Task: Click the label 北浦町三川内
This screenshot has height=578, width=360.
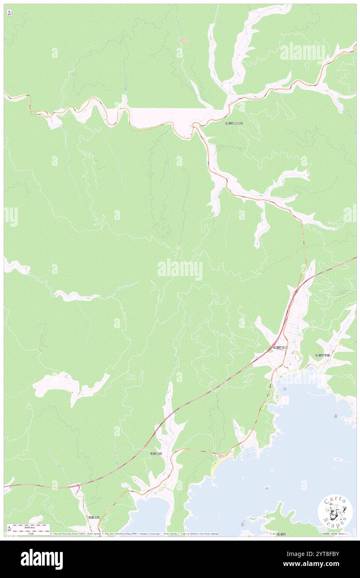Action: point(233,124)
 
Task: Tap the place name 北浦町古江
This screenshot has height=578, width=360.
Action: point(280,347)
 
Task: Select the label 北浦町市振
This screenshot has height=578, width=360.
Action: point(322,355)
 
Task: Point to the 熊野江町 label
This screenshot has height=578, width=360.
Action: point(156,454)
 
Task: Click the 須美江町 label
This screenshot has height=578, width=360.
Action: point(94,518)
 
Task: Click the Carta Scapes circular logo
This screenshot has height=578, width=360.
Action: point(335,512)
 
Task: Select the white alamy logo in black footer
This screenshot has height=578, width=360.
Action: point(42,559)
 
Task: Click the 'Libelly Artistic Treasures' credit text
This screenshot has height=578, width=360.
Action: point(335,534)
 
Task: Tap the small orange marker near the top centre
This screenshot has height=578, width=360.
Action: point(183,40)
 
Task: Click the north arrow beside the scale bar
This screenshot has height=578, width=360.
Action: point(9,529)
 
